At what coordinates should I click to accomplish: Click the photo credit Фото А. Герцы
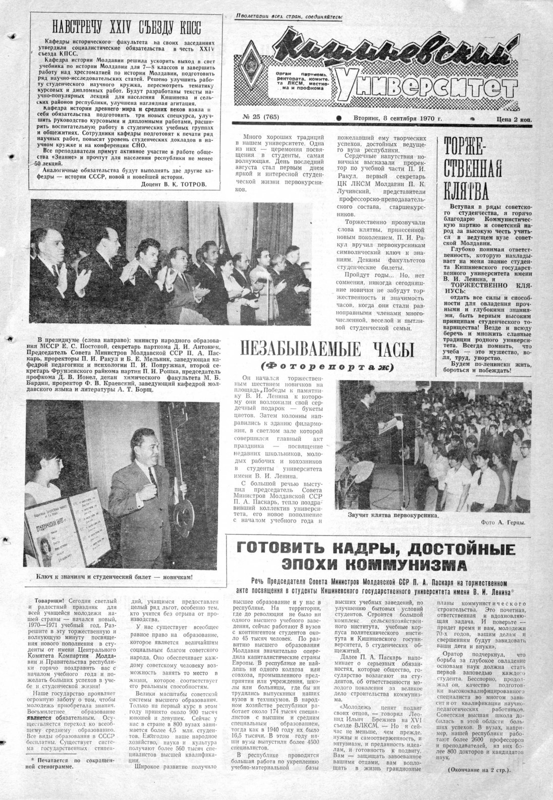pos(503,523)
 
